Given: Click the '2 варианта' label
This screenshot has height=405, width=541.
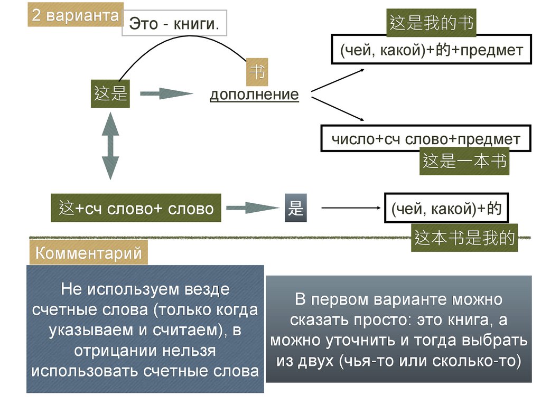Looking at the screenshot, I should [75, 15].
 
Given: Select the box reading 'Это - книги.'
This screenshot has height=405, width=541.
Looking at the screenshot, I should [174, 24].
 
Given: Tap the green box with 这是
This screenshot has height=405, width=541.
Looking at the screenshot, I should [110, 95].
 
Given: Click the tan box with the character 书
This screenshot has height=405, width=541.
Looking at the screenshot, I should [257, 73].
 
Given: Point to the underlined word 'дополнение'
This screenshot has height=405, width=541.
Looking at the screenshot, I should [254, 95].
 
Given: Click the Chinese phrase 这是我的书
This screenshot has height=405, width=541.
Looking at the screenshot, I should [431, 23].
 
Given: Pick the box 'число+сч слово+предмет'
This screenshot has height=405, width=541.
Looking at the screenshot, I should [425, 139].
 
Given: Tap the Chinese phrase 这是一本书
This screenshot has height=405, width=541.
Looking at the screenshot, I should [465, 161].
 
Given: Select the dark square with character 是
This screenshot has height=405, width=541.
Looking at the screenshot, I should [295, 209].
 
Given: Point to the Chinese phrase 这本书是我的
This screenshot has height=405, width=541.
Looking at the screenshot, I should [464, 238].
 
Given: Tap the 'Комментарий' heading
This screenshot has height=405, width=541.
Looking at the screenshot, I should [88, 253].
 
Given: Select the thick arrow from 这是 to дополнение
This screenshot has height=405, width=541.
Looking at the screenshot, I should [166, 95].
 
